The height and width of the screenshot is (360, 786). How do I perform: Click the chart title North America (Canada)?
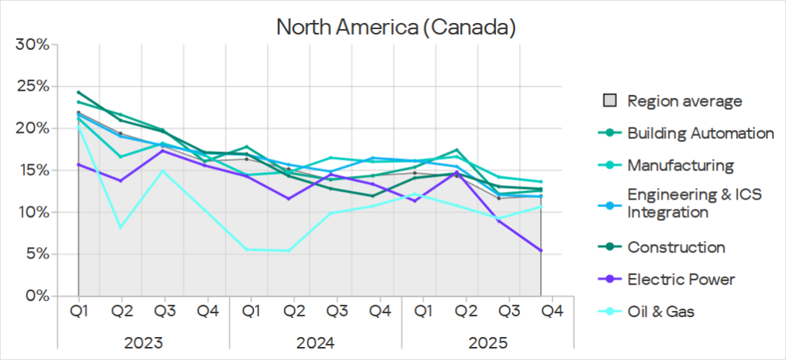pos(395,28)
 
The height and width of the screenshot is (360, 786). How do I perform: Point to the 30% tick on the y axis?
pos(34,45)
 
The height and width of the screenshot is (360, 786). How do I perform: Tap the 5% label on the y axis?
pos(38,254)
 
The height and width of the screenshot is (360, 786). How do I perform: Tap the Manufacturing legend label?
pos(680,165)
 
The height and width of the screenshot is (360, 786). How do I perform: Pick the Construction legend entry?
pos(675,247)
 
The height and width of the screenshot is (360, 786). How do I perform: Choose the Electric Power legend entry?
pos(681,279)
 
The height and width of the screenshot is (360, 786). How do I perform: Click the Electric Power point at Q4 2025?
pos(540,250)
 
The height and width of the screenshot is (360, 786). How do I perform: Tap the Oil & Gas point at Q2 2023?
pos(121,227)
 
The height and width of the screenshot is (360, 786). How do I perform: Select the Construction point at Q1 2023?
pos(78,92)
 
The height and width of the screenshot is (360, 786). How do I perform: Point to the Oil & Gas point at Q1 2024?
pos(246,249)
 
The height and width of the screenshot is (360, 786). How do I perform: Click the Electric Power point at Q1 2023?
pos(78,164)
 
